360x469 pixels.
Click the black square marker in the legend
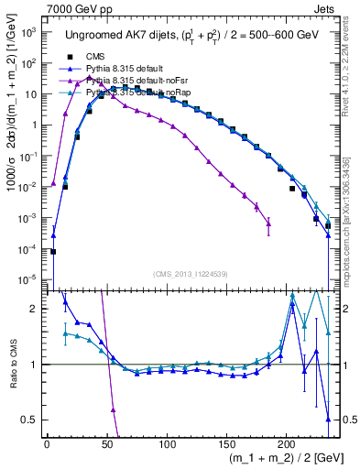(x=70, y=56)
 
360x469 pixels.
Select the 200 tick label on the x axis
(x=286, y=443)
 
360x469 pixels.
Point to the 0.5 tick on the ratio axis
(x=32, y=420)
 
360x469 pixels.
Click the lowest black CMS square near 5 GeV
(x=53, y=252)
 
